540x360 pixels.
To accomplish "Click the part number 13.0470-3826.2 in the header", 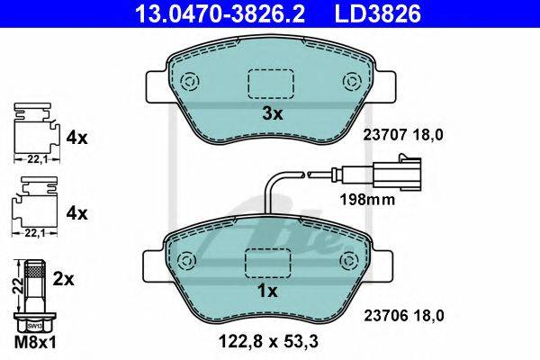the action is (x=220, y=13).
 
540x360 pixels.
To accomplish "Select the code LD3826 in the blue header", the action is (x=378, y=13).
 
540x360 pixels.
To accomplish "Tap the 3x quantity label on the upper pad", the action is (x=273, y=113).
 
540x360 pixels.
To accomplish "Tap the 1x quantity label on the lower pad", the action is (x=267, y=292).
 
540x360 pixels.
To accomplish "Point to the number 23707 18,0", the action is (x=403, y=135).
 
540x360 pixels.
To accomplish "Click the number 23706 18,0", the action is (x=404, y=316).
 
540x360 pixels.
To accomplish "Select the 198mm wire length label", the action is (x=367, y=200).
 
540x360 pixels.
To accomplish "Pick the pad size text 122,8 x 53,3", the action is (x=268, y=341).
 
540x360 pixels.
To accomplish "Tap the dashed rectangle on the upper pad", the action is (x=271, y=84).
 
